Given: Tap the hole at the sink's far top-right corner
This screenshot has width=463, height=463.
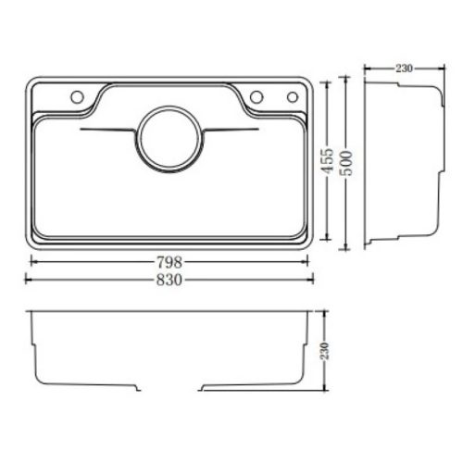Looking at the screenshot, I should pyautogui.click(x=293, y=96).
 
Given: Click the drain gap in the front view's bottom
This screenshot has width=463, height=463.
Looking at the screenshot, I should pyautogui.click(x=170, y=385).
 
